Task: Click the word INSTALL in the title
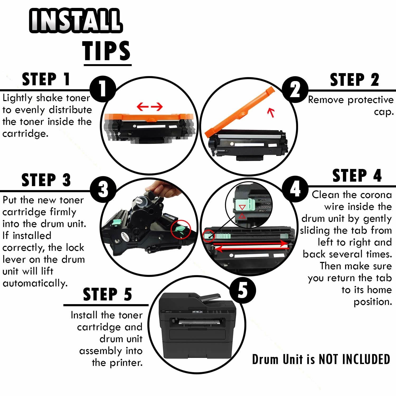pos(76,20)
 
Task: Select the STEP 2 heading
pos(355,80)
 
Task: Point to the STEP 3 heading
pos(46,180)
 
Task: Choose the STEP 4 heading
pos(357,176)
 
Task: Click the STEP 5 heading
pos(107,294)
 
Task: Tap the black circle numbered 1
pos(103,89)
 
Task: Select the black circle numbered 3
pos(103,189)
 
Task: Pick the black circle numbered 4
pos(295,189)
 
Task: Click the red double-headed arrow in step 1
pos(150,107)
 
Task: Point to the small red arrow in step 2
pos(271,112)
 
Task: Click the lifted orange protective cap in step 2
pos(240,111)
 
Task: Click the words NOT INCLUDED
pos(354,359)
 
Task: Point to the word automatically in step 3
pos(35,283)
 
